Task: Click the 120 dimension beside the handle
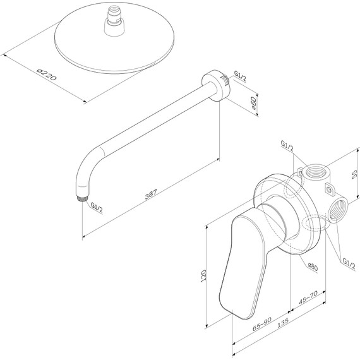(203, 275)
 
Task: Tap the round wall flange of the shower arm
(210, 86)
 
